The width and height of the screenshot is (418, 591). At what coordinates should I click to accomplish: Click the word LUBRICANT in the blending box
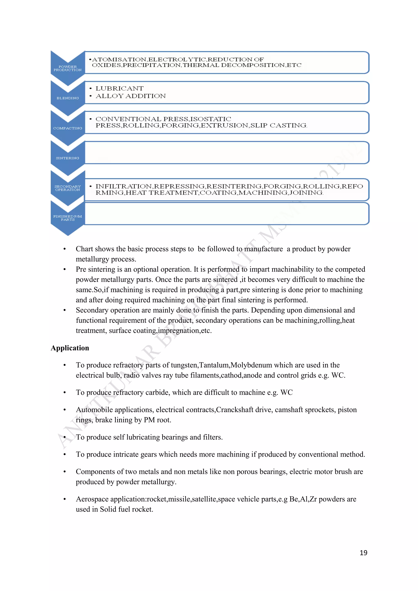pyautogui.click(x=119, y=89)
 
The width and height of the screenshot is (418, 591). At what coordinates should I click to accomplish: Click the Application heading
pyautogui.click(x=70, y=348)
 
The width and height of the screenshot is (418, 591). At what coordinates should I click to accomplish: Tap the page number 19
pyautogui.click(x=363, y=553)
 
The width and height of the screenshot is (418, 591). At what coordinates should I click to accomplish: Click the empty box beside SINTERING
pyautogui.click(x=227, y=152)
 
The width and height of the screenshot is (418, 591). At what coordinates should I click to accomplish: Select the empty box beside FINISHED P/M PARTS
pyautogui.click(x=227, y=214)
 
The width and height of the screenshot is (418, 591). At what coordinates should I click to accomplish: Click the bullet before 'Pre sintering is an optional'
pyautogui.click(x=65, y=270)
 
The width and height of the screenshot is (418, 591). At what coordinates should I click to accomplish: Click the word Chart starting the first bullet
pyautogui.click(x=84, y=249)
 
